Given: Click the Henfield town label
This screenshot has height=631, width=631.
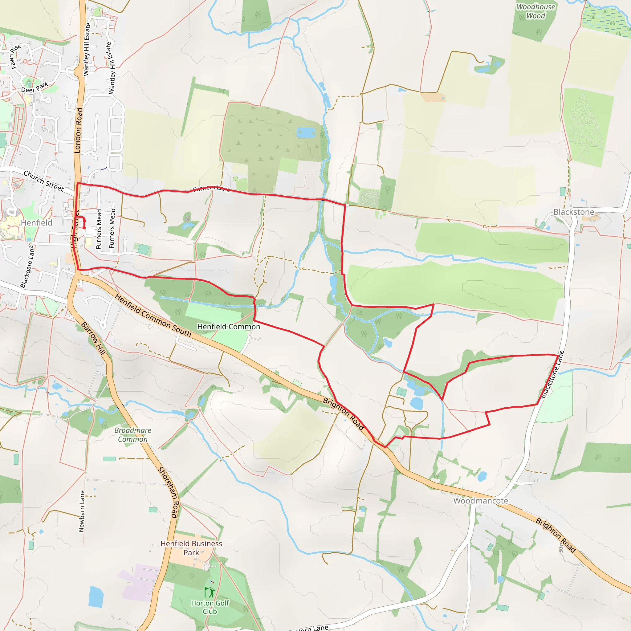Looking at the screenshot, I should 36,223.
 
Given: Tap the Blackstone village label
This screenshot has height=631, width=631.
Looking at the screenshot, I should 573,212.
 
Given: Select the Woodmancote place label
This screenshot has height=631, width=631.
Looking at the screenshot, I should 480,501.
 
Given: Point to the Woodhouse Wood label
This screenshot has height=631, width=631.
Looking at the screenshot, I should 535,11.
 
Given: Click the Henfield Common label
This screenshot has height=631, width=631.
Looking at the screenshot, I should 229,327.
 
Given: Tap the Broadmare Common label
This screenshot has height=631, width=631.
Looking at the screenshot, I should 132,435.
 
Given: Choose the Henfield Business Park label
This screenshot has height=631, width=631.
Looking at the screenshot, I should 191,548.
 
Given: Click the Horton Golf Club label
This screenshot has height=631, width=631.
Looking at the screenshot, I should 210,607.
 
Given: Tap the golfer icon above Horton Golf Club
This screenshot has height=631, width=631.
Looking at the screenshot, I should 210,592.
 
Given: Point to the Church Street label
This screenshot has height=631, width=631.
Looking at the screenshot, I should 43,181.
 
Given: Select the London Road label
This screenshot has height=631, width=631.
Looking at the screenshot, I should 78,130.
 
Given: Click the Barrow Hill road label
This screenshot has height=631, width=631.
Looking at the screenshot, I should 93,338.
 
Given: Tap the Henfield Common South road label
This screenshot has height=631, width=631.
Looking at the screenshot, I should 153,315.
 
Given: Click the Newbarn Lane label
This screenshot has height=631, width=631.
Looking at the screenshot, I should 82,511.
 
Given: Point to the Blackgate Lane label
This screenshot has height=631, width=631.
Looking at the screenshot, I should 27,266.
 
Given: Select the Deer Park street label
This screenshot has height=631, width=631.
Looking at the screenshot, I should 35,88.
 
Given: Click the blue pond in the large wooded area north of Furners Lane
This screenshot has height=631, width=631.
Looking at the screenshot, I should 306,132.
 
